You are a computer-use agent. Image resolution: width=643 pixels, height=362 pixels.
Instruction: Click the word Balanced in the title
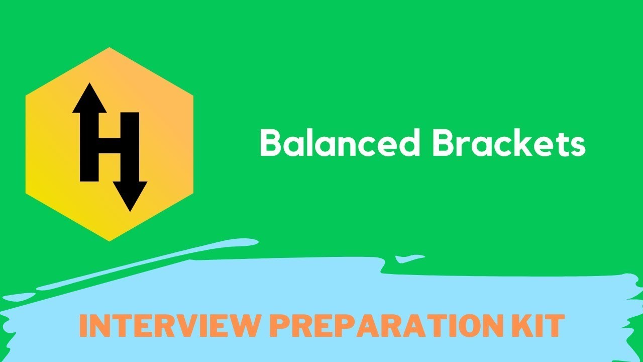[340, 143]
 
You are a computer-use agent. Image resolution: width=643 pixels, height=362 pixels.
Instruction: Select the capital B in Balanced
[270, 143]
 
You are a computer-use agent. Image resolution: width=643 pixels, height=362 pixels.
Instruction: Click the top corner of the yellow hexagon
[109, 49]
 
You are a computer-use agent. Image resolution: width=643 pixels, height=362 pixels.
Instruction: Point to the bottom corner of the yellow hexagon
[109, 240]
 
